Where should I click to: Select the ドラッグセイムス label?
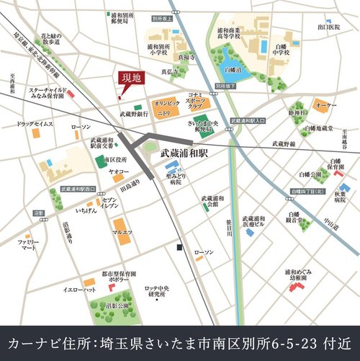pyautogui.click(x=35, y=124)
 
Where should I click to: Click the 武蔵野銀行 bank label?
pyautogui.click(x=134, y=114)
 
